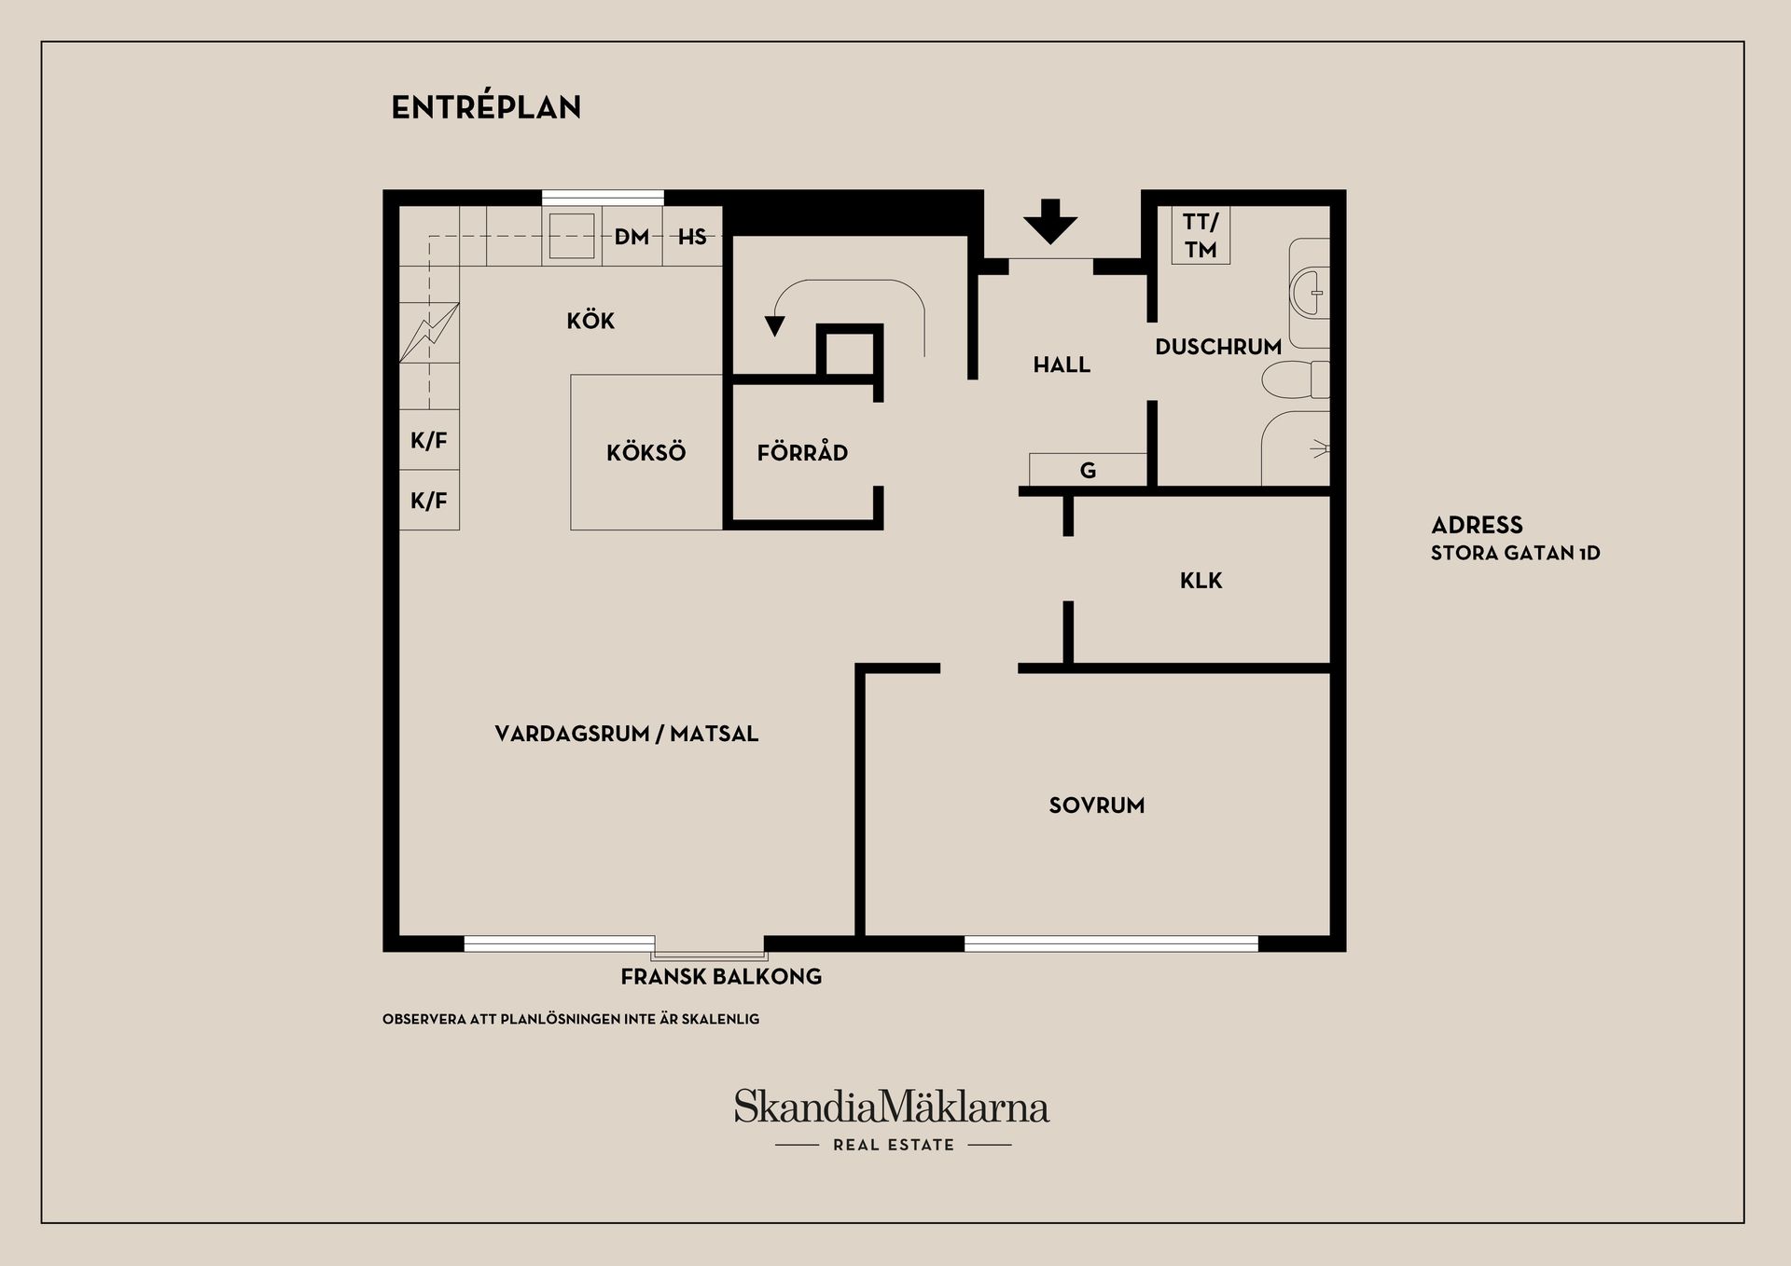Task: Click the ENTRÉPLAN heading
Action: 486,107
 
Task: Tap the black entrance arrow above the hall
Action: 1050,221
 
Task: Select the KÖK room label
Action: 590,321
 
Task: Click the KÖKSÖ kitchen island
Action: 646,452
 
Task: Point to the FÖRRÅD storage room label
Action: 802,453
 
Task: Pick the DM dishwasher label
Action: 632,237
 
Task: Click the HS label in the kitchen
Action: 692,237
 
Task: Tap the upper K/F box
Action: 429,440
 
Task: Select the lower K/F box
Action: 429,501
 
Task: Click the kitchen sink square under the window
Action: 571,235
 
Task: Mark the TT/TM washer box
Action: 1201,235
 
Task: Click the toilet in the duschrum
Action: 1297,379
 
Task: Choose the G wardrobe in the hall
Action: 1088,470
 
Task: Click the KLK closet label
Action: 1201,581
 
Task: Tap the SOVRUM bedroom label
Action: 1096,805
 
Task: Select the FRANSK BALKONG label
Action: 721,977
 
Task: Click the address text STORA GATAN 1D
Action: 1515,553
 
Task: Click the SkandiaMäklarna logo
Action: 891,1108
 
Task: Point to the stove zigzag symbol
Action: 429,332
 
